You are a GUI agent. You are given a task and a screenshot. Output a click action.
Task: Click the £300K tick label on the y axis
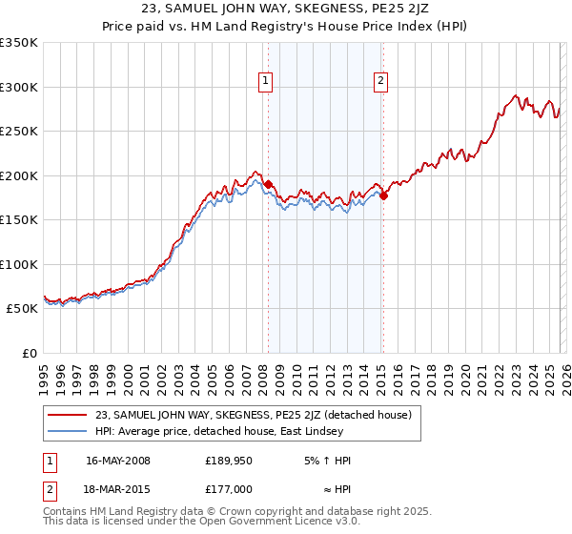point(19,87)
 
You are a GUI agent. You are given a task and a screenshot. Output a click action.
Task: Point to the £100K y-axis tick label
point(19,264)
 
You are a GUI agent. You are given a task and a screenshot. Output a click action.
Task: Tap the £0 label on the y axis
point(29,353)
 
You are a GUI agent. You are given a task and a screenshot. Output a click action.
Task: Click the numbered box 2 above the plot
point(380,82)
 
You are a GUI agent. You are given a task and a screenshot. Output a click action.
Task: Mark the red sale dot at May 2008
point(269,184)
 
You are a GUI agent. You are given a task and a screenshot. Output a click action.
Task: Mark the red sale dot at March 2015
point(383,195)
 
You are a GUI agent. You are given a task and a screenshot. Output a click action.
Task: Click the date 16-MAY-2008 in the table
point(118,461)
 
